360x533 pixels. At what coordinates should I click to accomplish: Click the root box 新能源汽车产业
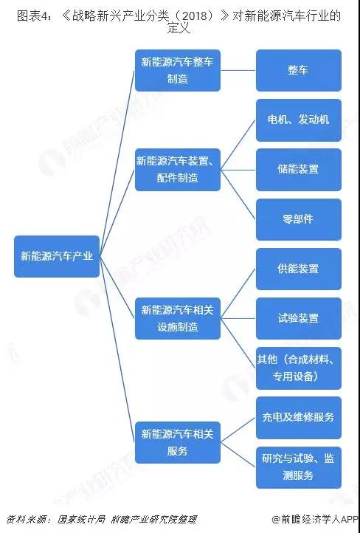(57, 256)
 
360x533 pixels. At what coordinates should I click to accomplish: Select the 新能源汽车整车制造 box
(178, 70)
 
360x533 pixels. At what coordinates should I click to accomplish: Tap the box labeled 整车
(299, 70)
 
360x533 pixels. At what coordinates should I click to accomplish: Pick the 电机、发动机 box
(299, 120)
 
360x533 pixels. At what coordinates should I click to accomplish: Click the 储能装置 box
(299, 170)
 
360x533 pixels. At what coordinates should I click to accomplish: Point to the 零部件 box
(299, 219)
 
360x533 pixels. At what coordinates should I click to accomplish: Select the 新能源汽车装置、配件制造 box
(178, 170)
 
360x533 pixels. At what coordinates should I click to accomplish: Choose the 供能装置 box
(299, 269)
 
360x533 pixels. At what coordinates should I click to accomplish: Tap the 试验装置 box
(299, 318)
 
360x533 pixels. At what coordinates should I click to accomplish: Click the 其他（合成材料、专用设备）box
(299, 368)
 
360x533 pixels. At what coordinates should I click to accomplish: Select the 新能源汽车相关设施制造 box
(178, 318)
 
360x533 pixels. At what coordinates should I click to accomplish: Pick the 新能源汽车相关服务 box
(178, 443)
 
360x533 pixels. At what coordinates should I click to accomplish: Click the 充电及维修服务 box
(299, 418)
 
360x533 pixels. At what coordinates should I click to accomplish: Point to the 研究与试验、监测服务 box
(299, 467)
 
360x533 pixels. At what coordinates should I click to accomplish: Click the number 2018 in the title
(197, 16)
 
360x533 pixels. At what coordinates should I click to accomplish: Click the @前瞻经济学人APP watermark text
(315, 520)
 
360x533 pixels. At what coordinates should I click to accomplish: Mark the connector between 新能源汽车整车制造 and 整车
(238, 70)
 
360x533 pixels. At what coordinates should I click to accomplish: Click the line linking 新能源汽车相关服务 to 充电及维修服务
(238, 430)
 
